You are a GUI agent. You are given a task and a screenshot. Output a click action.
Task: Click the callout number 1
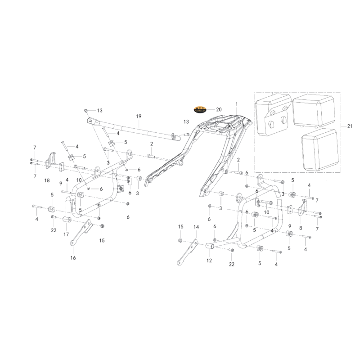coord(237,104)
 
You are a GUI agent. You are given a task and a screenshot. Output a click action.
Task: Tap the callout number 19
coord(139,117)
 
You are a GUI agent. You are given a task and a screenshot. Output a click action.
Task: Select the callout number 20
coord(219,109)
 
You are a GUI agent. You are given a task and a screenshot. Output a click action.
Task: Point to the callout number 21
coord(350,126)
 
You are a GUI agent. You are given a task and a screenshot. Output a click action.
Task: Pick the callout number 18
coord(47,180)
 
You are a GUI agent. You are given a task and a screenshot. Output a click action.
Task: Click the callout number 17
coord(66,234)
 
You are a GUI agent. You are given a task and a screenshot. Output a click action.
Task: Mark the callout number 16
coord(73,258)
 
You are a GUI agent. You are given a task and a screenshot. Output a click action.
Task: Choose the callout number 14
coord(196,227)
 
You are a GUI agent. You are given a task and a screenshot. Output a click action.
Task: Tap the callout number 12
coord(209,261)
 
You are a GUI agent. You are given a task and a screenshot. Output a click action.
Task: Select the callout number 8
coord(301,228)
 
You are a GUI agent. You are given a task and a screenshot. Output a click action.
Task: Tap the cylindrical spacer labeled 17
coord(67,219)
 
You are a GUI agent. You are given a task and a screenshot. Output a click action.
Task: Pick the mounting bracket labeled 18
coord(50,159)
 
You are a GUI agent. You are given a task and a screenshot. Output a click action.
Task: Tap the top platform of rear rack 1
coord(225,124)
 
